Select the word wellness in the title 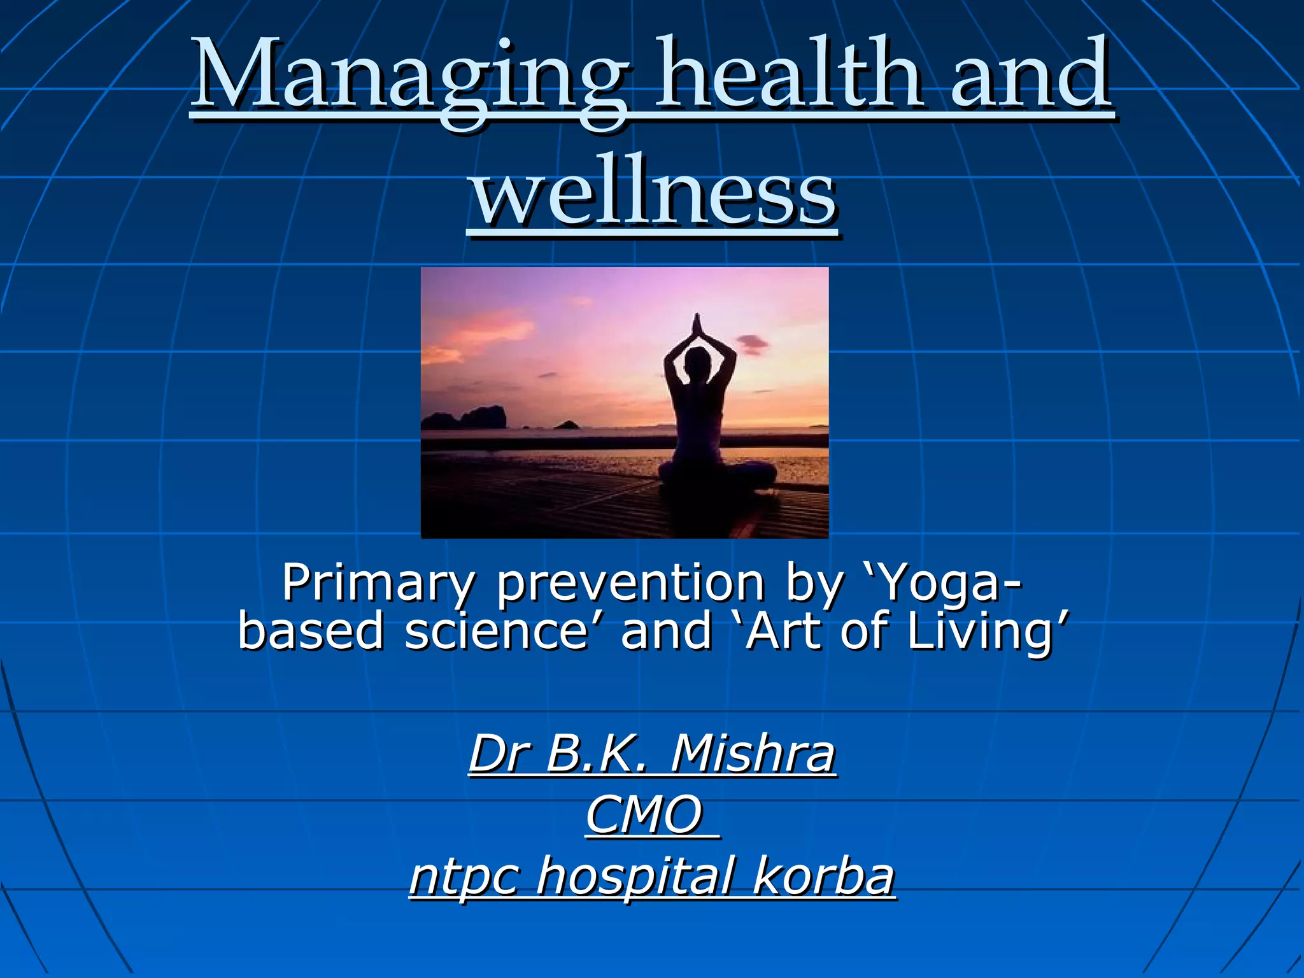pyautogui.click(x=653, y=191)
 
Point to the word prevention pyautogui.click(x=630, y=583)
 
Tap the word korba pyautogui.click(x=824, y=876)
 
